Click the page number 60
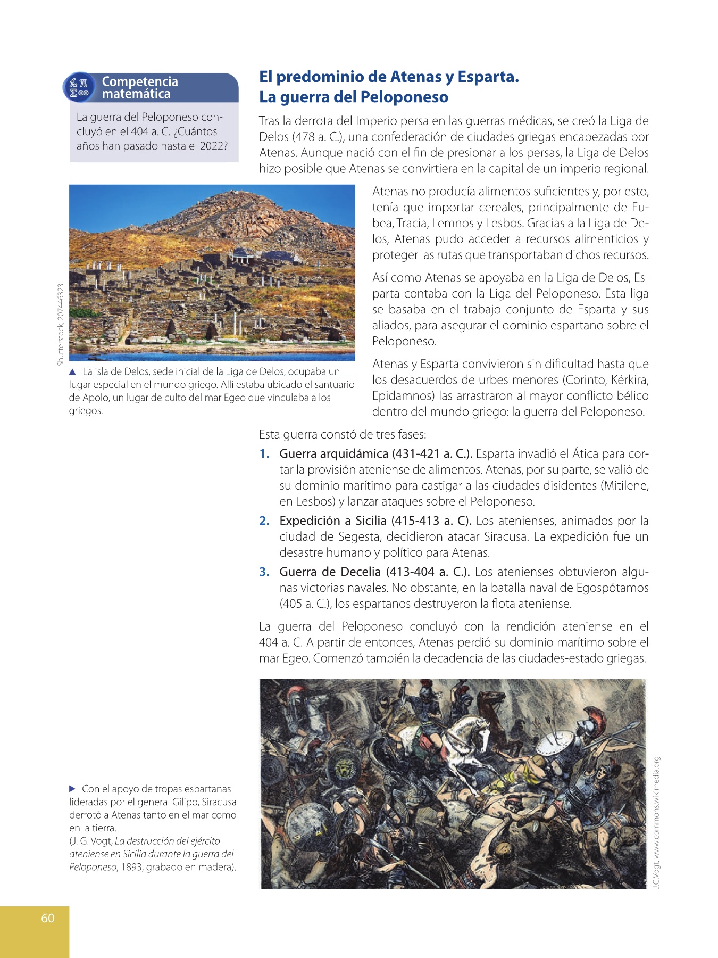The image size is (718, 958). coord(48,918)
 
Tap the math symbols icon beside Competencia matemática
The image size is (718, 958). coord(79,88)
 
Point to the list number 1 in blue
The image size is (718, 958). coord(264,454)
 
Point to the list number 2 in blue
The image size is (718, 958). coord(264,521)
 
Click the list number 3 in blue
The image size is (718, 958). coord(264,572)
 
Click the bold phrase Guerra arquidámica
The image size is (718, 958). coord(333,454)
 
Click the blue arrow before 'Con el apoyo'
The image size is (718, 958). coord(73,789)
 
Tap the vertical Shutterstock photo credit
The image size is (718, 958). coord(61,323)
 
